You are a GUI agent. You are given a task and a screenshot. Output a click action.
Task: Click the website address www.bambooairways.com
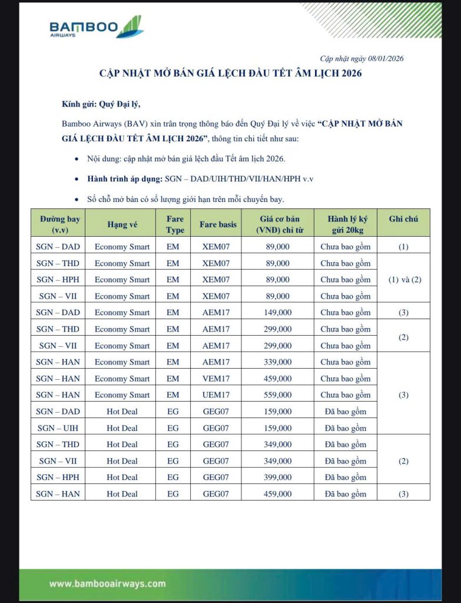click(107, 584)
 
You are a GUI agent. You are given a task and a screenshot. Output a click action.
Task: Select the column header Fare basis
click(218, 224)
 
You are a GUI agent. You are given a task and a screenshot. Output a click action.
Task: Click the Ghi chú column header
click(403, 218)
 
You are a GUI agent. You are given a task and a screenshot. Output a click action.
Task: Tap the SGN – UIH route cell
click(58, 428)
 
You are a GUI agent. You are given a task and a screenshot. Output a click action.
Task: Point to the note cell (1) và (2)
click(403, 280)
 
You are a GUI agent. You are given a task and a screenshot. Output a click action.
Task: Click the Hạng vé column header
click(122, 224)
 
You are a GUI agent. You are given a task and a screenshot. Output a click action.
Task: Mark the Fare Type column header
click(175, 224)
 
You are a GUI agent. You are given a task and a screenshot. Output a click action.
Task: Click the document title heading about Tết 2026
click(230, 74)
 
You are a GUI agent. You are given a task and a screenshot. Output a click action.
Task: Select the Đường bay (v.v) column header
click(58, 224)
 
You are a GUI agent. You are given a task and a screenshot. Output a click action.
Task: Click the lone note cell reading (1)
click(403, 247)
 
